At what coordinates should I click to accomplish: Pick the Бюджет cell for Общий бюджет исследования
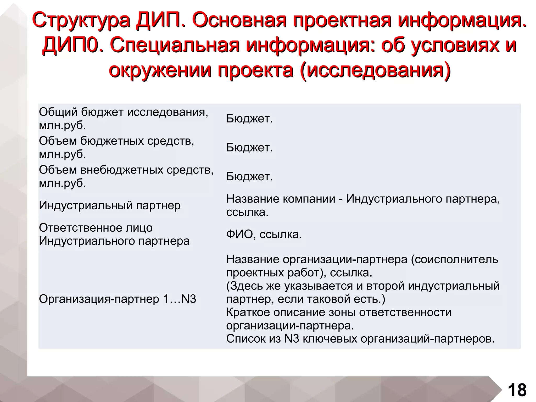[x=249, y=119]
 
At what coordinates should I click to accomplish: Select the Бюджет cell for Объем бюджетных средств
[x=249, y=148]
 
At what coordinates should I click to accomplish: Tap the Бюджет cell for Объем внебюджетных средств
[x=249, y=177]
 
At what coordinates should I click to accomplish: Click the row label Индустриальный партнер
[x=110, y=205]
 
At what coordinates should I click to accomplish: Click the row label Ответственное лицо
[x=96, y=228]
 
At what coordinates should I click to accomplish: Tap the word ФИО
[x=241, y=234]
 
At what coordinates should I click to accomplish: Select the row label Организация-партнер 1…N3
[x=118, y=299]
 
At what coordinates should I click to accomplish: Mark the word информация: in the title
[x=310, y=45]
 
